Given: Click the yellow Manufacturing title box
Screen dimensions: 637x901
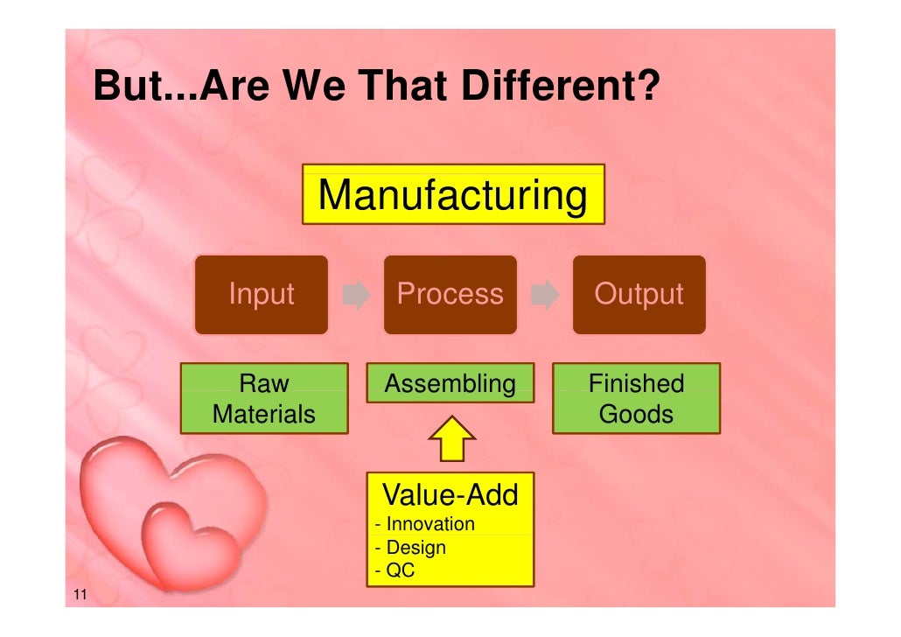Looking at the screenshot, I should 453,194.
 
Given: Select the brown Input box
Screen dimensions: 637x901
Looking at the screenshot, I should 261,295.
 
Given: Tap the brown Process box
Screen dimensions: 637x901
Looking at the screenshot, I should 450,295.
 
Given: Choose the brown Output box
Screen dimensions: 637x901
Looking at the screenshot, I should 639,295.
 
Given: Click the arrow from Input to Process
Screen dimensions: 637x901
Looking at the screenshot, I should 355,296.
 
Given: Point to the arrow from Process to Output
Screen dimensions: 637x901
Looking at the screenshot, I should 545,296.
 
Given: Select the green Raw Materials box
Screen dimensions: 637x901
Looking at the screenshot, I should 264,398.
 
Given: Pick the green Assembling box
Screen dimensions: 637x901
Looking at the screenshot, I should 450,383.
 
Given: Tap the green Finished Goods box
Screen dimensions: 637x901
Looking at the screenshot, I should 636,398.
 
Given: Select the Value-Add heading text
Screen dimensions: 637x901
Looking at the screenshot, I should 450,495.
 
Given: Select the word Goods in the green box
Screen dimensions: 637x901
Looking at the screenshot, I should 636,414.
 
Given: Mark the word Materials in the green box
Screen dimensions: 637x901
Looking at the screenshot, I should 264,414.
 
